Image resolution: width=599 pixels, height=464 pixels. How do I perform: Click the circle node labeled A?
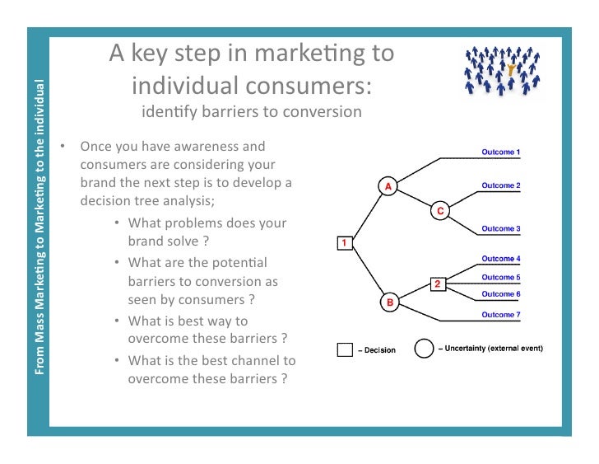tap(387, 186)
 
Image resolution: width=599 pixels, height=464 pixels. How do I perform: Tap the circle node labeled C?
tap(440, 212)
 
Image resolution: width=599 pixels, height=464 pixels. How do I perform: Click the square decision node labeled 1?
tap(345, 243)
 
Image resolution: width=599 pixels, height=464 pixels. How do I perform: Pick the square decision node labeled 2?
tap(438, 284)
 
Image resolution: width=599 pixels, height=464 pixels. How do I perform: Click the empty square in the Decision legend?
tap(346, 349)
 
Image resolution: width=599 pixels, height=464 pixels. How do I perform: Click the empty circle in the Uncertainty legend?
tap(423, 349)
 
